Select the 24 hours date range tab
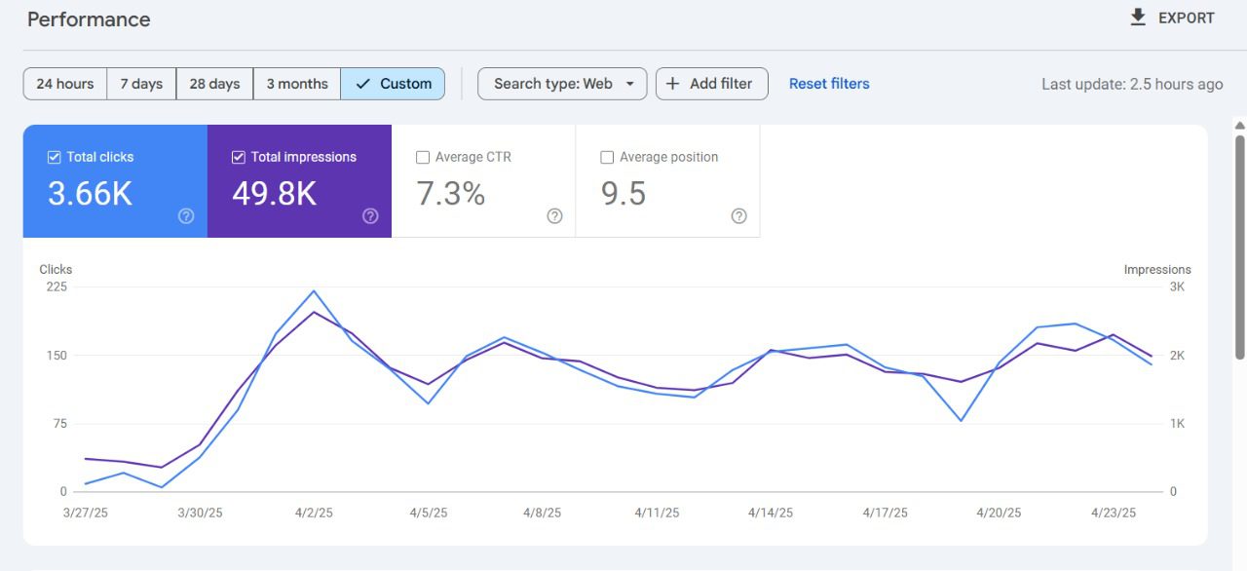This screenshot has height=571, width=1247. click(65, 84)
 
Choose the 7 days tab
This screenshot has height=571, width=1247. click(141, 84)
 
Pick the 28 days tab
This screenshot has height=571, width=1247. click(214, 84)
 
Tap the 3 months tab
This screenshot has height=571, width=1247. click(297, 84)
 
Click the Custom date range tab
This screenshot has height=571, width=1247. click(394, 84)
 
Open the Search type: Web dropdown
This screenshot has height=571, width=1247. click(563, 84)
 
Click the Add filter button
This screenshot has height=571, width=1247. click(711, 84)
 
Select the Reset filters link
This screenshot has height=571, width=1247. click(829, 84)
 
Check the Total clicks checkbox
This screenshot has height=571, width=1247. click(55, 157)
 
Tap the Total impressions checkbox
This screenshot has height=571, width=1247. click(239, 157)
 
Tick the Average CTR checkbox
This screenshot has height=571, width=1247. click(423, 157)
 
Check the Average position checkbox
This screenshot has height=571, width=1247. click(607, 157)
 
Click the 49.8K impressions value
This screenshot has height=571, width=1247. click(274, 194)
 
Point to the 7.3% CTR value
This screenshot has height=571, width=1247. click(451, 194)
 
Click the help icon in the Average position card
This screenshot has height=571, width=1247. click(738, 216)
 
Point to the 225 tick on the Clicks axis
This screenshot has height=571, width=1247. click(57, 286)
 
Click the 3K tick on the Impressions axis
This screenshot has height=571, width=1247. click(1177, 286)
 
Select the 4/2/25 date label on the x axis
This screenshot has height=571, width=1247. click(314, 513)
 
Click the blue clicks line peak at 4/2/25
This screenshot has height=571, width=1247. click(314, 290)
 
